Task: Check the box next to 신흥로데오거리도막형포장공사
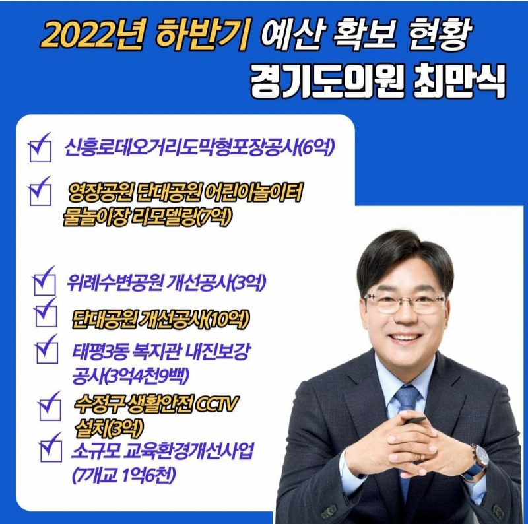click(x=40, y=149)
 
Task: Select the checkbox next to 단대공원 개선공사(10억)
click(x=46, y=315)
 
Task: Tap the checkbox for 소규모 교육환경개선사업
click(x=51, y=450)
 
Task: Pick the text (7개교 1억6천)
click(x=126, y=475)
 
